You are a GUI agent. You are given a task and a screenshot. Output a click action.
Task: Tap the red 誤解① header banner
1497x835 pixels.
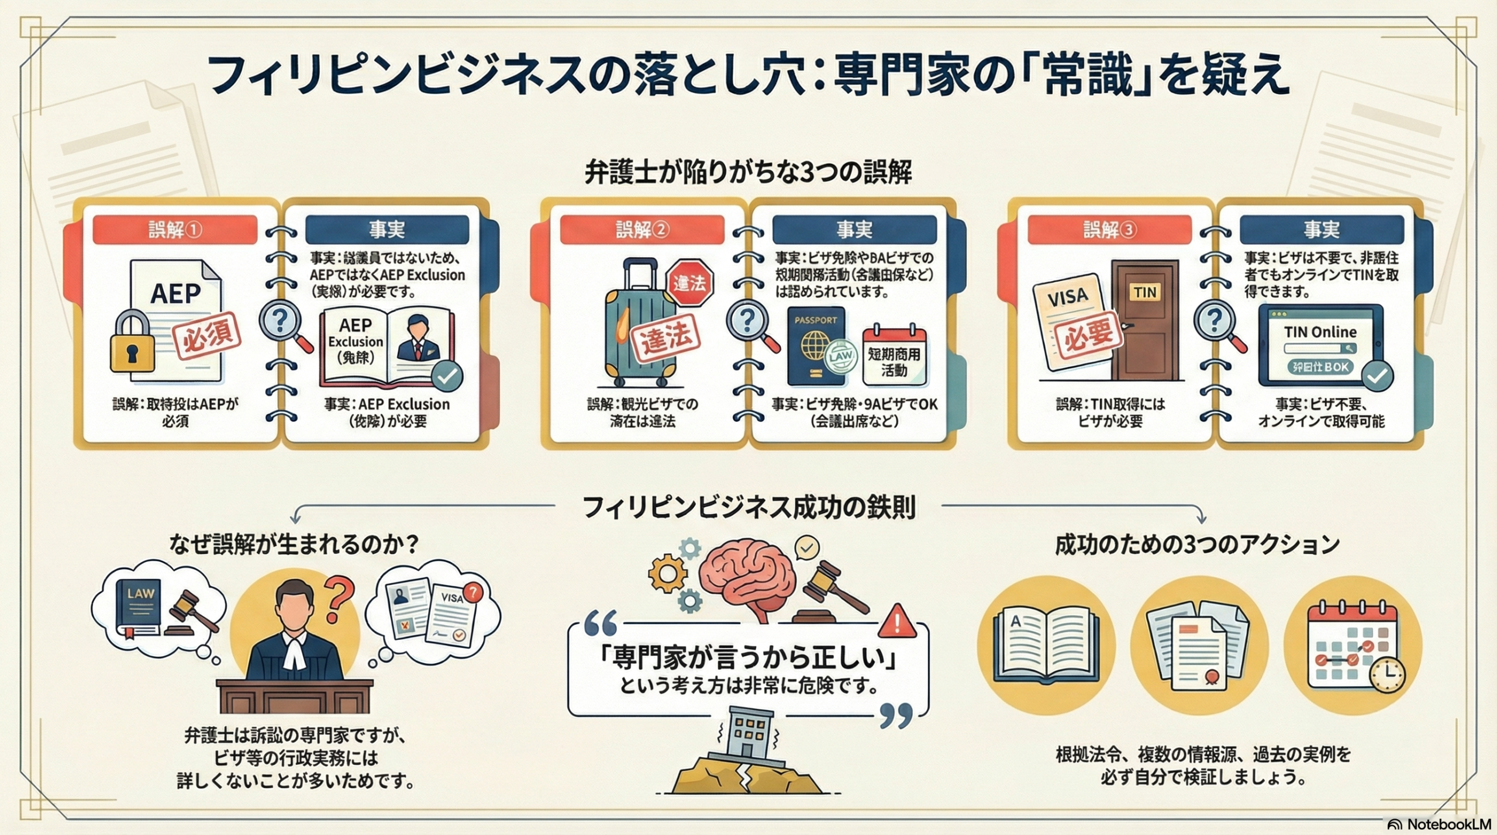coord(175,230)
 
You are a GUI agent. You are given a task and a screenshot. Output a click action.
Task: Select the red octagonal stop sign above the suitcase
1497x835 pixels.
coord(690,283)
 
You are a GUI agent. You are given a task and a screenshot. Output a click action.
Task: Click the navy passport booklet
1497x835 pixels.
coord(816,346)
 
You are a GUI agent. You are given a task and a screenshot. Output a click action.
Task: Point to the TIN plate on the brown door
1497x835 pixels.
coord(1144,292)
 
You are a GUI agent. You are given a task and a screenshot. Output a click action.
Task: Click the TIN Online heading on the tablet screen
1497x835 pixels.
coord(1320,332)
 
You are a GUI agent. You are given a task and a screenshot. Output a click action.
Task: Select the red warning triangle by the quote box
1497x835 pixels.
coord(896,621)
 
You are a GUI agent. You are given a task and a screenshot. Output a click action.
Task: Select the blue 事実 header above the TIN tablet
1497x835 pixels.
coord(1322,230)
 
